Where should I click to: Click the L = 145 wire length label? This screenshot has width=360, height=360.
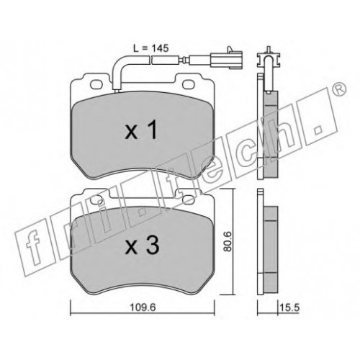click(x=151, y=48)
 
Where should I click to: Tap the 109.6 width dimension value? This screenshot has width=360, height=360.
click(x=143, y=307)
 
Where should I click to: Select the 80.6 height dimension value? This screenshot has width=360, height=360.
click(x=228, y=241)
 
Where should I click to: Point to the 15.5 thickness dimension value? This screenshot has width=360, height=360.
click(x=289, y=307)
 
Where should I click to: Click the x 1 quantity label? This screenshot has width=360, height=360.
click(x=141, y=130)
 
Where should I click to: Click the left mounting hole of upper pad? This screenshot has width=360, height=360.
click(x=96, y=84)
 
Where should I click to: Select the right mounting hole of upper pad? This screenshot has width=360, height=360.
click(x=189, y=84)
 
